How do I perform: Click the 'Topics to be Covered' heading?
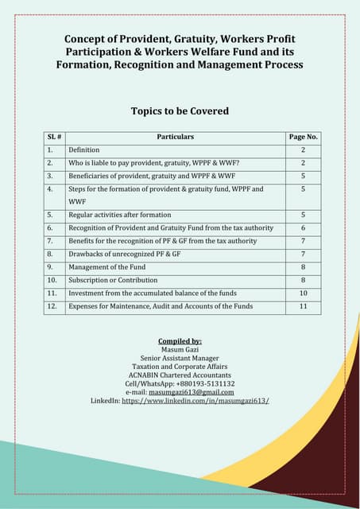[180, 111]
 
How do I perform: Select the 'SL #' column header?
[54, 137]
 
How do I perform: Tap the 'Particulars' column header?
[176, 137]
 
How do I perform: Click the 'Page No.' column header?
[303, 137]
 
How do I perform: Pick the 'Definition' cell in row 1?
[84, 150]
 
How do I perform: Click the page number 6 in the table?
[303, 227]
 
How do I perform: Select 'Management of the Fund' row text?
[106, 267]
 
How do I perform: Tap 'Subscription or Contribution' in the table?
[113, 280]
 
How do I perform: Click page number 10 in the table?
[303, 293]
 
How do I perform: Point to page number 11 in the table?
[303, 305]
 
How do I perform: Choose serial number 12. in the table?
[52, 305]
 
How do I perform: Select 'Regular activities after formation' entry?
[119, 215]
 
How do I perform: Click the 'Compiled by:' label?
[180, 341]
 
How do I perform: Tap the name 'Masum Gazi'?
[180, 350]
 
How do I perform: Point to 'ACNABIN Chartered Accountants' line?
[180, 375]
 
